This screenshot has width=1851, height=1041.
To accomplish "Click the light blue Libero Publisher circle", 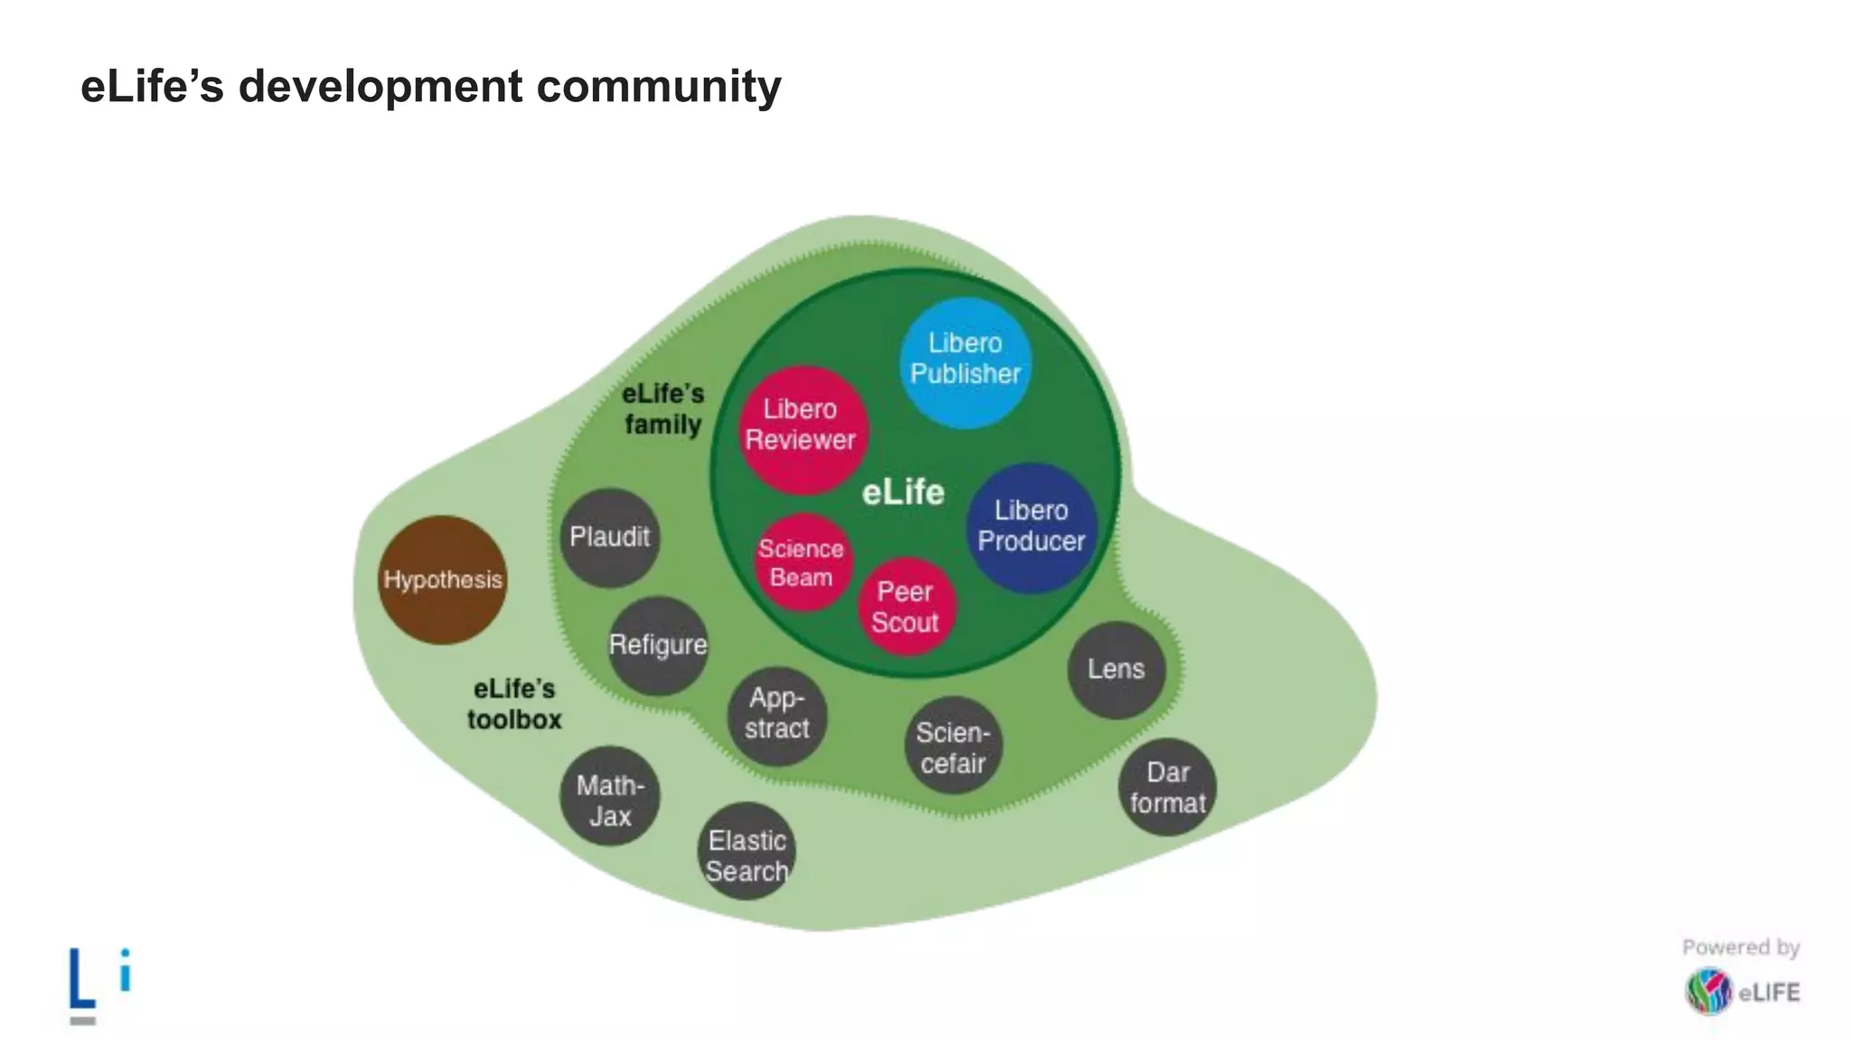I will pyautogui.click(x=965, y=361).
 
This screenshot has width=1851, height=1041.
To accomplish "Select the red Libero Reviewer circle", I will pyautogui.click(x=802, y=428).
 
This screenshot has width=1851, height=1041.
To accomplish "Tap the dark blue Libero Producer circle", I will pyautogui.click(x=1031, y=528).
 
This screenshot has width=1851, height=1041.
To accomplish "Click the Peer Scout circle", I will pyautogui.click(x=907, y=606).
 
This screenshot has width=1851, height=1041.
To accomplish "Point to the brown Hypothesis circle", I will pyautogui.click(x=442, y=580).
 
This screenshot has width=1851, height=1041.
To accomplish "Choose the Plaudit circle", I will pyautogui.click(x=609, y=539).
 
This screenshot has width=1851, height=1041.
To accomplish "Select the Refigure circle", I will pyautogui.click(x=658, y=645).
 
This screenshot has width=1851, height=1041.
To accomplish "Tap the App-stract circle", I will pyautogui.click(x=777, y=715).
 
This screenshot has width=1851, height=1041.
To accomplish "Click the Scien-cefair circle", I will pyautogui.click(x=953, y=746).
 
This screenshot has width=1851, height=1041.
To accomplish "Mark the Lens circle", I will pyautogui.click(x=1116, y=670).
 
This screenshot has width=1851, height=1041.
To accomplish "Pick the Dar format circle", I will pyautogui.click(x=1167, y=787).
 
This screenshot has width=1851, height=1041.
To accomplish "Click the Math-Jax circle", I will pyautogui.click(x=610, y=797).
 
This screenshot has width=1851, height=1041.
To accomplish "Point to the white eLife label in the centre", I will pyautogui.click(x=903, y=492).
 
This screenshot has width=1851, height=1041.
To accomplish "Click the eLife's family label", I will pyautogui.click(x=662, y=409).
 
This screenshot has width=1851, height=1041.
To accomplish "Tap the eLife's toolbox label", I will pyautogui.click(x=514, y=705).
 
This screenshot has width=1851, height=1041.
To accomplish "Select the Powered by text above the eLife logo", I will pyautogui.click(x=1741, y=947).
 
